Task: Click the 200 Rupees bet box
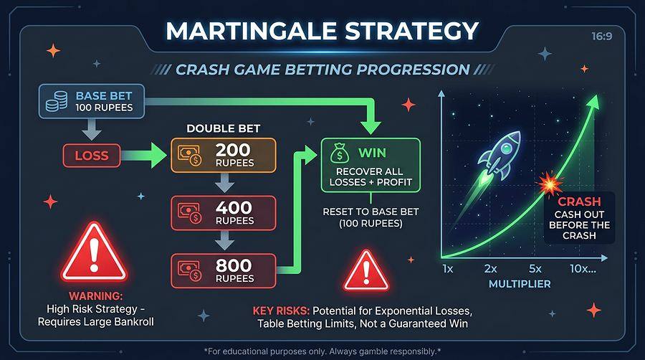pyautogui.click(x=223, y=154)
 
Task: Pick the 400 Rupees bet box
pyautogui.click(x=223, y=212)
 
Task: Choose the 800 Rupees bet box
pyautogui.click(x=223, y=270)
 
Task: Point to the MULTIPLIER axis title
pyautogui.click(x=520, y=284)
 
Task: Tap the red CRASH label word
pyautogui.click(x=579, y=202)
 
